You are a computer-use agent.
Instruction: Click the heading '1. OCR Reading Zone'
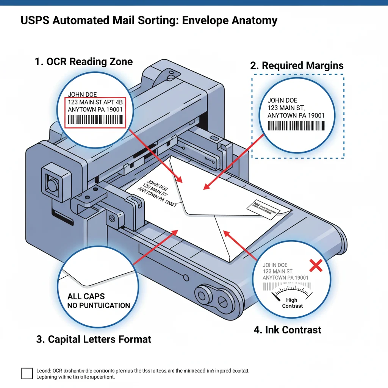click(x=84, y=61)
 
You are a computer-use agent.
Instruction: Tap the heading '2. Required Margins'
click(x=297, y=65)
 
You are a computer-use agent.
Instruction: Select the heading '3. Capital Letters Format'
click(x=94, y=339)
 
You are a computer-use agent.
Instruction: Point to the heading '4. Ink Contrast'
click(x=287, y=330)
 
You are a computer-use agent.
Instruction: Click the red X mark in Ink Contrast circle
click(x=316, y=266)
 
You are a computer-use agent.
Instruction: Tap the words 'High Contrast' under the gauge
click(x=292, y=303)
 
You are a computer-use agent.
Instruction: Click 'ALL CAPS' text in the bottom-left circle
click(x=86, y=296)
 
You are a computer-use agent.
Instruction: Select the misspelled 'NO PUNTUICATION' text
click(x=99, y=305)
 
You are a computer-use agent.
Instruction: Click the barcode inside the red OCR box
click(x=96, y=121)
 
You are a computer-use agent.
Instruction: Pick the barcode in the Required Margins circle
click(x=296, y=126)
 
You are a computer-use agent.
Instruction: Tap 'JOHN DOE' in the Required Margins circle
click(x=282, y=100)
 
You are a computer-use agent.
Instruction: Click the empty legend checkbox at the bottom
click(x=27, y=373)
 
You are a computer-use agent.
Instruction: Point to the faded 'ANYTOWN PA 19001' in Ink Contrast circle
click(x=285, y=278)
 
